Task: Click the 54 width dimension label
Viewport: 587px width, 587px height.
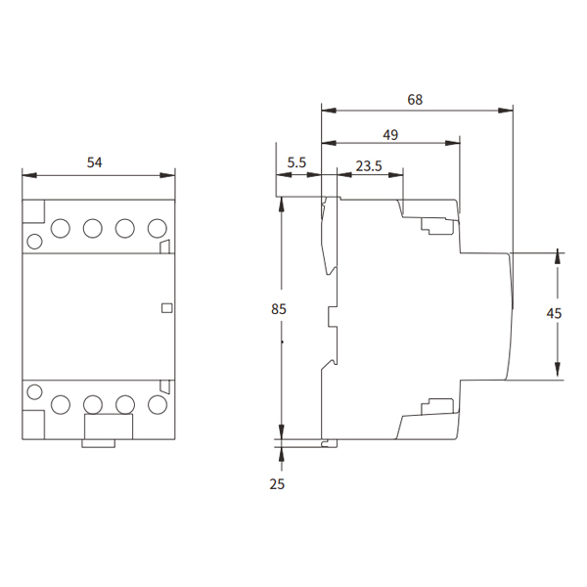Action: point(94,162)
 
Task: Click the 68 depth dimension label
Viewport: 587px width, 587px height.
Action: point(415,100)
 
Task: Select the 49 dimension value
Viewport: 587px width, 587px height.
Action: point(390,135)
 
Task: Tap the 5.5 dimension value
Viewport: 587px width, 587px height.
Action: point(296,162)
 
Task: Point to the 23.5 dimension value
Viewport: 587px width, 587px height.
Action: point(369,166)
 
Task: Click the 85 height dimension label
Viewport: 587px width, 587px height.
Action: point(279,309)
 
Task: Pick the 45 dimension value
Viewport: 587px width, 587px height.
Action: point(554,313)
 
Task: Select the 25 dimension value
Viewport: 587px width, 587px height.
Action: point(277,484)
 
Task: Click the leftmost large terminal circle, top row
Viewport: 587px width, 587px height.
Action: point(61,228)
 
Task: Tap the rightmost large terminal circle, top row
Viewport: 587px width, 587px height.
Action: point(158,228)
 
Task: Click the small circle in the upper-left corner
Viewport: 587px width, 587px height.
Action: point(35,242)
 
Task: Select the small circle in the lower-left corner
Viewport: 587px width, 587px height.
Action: point(35,392)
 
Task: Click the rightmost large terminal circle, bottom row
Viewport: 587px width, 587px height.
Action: point(158,405)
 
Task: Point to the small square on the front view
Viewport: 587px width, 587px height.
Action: point(166,308)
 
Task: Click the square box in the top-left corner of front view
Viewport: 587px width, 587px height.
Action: point(33,211)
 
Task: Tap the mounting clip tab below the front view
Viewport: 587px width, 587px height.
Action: point(99,443)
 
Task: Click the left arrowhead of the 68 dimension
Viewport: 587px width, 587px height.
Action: point(329,111)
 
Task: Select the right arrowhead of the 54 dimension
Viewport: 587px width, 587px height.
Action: point(167,175)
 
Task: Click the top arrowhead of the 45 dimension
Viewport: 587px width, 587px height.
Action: point(558,259)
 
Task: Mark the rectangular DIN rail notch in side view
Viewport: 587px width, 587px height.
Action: point(334,317)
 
